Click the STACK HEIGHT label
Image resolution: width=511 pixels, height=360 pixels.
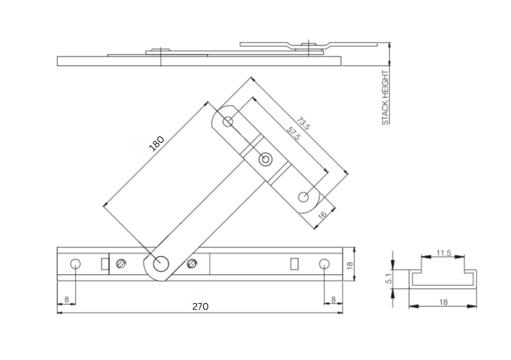385,97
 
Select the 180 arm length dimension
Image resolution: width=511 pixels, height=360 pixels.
156,144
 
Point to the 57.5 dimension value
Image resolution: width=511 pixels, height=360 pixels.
293,133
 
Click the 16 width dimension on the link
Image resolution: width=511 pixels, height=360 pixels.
322,214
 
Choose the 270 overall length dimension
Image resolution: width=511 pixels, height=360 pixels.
200,306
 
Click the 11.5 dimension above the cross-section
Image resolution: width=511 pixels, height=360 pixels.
443,253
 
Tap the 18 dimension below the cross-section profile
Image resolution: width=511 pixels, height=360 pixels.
443,302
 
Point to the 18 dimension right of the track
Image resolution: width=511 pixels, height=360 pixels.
350,265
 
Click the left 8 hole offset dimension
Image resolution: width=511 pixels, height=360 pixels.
67,299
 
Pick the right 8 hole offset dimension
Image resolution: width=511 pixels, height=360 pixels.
333,299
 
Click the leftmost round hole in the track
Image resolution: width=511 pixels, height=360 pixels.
75,264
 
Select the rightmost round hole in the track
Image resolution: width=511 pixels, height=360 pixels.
324,264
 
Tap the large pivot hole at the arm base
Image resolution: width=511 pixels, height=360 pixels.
161,264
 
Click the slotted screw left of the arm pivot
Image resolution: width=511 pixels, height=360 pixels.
121,264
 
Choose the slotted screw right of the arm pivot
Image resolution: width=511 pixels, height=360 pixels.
192,264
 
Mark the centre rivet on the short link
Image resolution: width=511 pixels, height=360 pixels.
266,160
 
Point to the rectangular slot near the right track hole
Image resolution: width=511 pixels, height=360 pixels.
293,264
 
